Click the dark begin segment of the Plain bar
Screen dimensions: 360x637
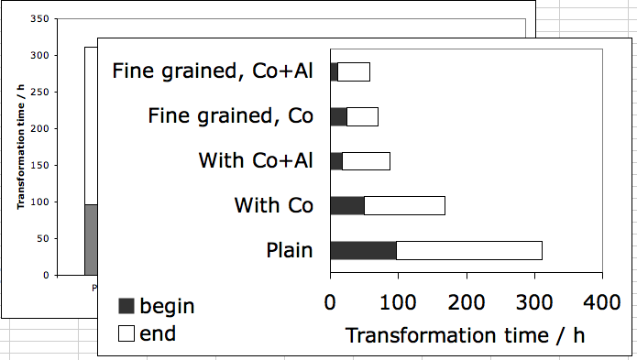[x=363, y=250]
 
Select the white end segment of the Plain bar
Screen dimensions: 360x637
[x=468, y=250]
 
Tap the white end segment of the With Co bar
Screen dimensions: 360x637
[x=404, y=205]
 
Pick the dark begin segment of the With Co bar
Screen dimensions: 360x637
[x=346, y=205]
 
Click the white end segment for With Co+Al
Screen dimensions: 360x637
[x=366, y=161]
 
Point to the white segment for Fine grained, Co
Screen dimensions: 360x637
[x=362, y=116]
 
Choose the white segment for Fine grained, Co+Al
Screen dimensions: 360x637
[x=353, y=71]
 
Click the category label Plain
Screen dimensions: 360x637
[x=290, y=250]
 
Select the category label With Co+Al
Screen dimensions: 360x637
[x=256, y=161]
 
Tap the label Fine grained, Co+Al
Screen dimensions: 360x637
[x=213, y=71]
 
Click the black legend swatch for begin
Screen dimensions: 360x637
[x=126, y=307]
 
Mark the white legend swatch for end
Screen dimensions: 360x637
[x=126, y=333]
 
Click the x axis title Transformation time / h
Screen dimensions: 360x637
[x=465, y=334]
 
